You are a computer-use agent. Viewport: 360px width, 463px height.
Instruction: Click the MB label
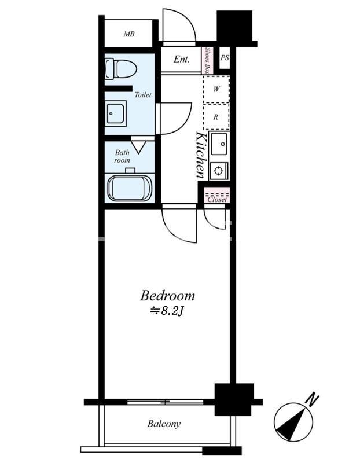coord(129,34)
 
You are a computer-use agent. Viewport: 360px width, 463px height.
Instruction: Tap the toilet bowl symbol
coord(121,69)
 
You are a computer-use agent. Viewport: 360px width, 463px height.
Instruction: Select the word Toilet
coord(143,95)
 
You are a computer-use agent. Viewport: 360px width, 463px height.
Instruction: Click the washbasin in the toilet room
coord(116,113)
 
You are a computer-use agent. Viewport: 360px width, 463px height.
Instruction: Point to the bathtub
coord(130,188)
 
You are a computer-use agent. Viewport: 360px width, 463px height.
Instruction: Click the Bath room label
coord(122,156)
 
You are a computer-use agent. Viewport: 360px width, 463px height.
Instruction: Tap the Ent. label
coord(181,59)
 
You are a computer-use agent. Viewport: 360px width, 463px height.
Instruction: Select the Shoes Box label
coord(208,61)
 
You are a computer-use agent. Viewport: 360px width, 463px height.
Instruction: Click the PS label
coord(225,57)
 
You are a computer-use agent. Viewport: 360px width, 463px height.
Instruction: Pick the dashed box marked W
coord(216,89)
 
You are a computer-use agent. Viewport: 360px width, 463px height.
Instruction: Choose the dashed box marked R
coord(216,117)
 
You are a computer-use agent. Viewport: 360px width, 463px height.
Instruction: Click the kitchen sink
coord(219,143)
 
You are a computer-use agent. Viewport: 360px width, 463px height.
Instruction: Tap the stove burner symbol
coord(219,171)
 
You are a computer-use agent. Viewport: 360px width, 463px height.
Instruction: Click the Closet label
coord(217,200)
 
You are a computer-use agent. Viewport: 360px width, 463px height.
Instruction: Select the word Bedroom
coord(167,296)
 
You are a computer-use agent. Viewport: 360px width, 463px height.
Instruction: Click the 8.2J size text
coord(167,311)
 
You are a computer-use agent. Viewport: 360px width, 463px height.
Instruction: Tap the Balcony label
coord(164,424)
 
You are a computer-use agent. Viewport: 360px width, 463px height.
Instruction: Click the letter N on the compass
coord(312,399)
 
